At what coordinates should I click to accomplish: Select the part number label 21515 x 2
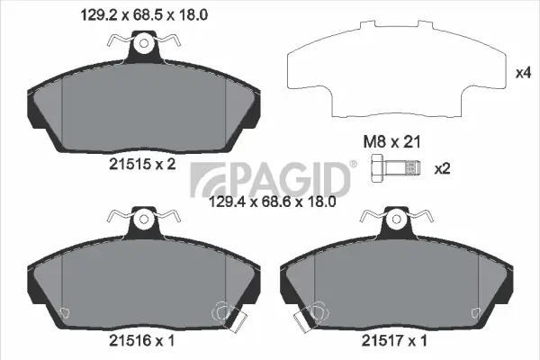click(141, 165)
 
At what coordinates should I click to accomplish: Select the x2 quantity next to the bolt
click(443, 167)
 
